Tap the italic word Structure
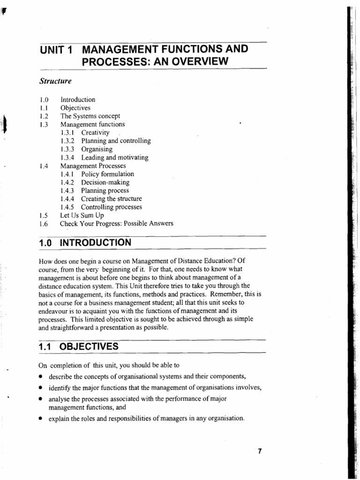(55, 81)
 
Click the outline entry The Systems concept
(90, 116)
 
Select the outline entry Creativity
(95, 133)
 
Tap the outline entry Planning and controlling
(116, 141)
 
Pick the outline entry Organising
(98, 149)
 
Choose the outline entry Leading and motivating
(115, 157)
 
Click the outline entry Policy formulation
(107, 174)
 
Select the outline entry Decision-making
(105, 182)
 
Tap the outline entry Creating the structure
(112, 199)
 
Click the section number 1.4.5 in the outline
(68, 207)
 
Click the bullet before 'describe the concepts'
(41, 377)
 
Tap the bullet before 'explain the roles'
(41, 419)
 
